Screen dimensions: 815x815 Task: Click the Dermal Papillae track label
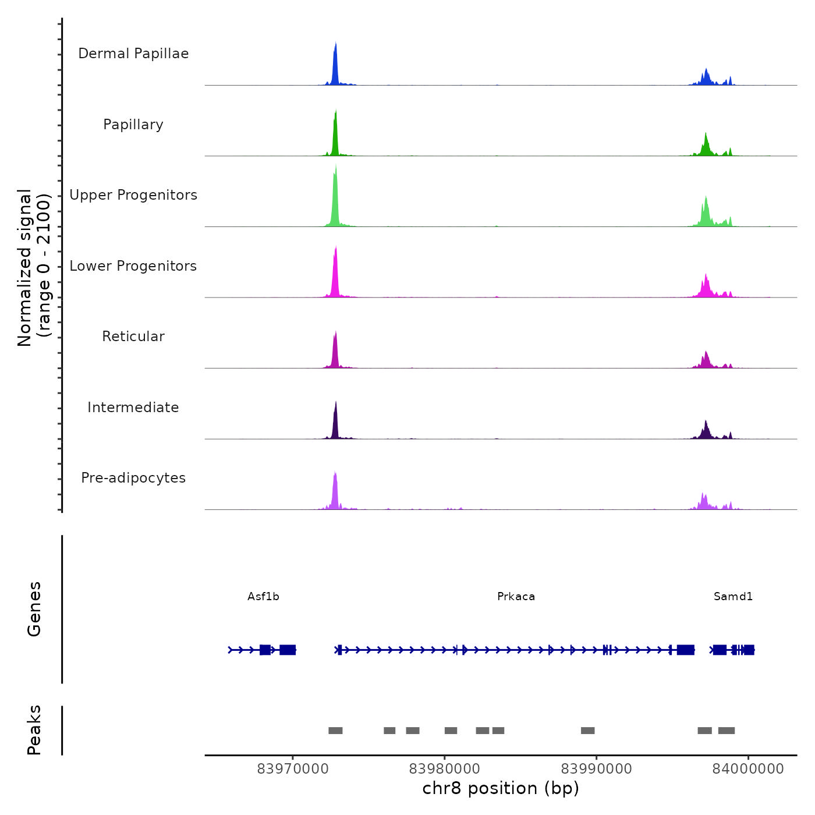[x=133, y=54]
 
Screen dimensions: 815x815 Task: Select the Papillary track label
[x=133, y=125]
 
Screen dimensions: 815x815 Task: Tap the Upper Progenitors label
[x=133, y=195]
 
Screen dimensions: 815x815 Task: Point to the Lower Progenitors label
[x=133, y=266]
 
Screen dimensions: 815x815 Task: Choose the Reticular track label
[x=133, y=336]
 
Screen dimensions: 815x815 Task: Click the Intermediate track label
[x=133, y=408]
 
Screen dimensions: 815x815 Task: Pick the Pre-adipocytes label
[x=133, y=478]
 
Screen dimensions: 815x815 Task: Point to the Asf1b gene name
[x=263, y=597]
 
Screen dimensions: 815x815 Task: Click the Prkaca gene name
[x=516, y=597]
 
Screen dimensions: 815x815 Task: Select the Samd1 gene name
[x=733, y=597]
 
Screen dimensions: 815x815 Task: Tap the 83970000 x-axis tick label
[x=293, y=769]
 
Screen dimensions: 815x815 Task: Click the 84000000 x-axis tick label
[x=748, y=769]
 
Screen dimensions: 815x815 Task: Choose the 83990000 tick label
[x=596, y=769]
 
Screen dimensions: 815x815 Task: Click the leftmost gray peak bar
[x=335, y=731]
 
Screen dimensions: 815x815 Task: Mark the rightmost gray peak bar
[x=726, y=731]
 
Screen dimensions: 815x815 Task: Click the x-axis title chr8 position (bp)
[x=501, y=789]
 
